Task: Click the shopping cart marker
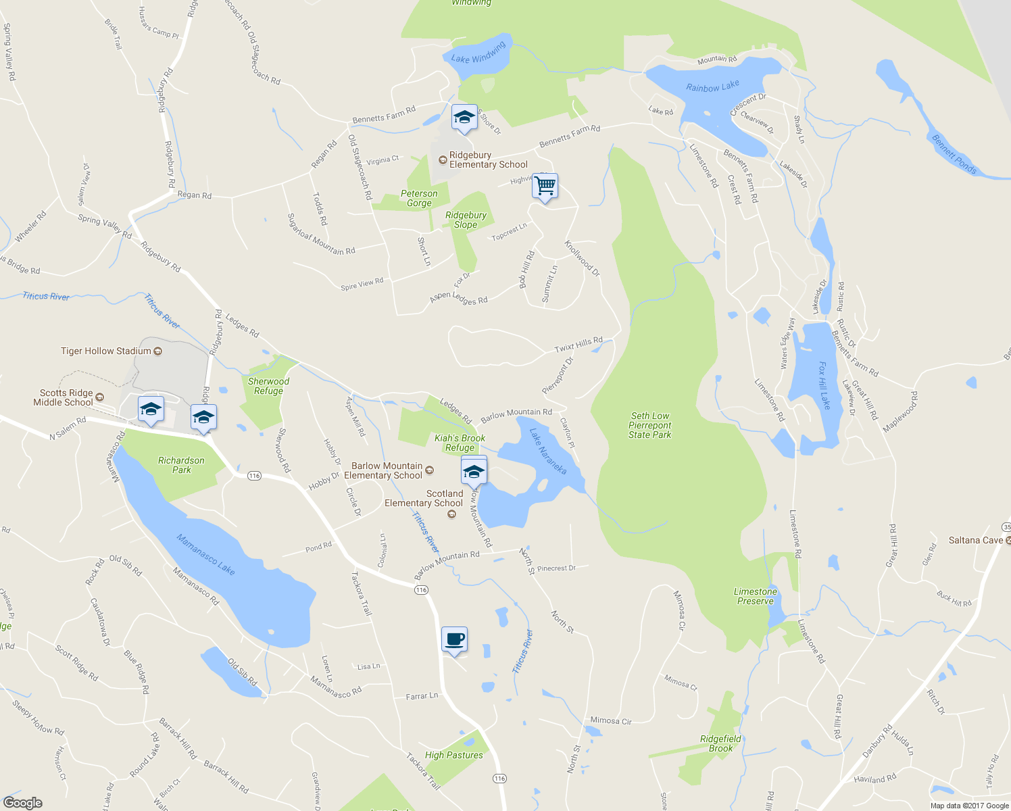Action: (x=545, y=186)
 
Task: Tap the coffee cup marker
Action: (x=454, y=639)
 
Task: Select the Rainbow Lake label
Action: (x=712, y=87)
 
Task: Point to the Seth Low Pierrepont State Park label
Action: (x=650, y=425)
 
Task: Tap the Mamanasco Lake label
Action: (x=205, y=555)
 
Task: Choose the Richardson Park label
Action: (x=181, y=465)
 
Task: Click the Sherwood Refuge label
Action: (x=268, y=386)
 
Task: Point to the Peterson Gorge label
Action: (x=419, y=198)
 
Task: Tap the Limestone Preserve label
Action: (x=756, y=596)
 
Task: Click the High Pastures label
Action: (x=454, y=755)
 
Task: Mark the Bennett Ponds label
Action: (x=954, y=155)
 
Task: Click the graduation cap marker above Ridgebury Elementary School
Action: (x=464, y=118)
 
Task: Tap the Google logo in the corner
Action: (x=22, y=802)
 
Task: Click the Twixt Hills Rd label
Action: (x=578, y=345)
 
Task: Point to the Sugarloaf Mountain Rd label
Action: (x=321, y=234)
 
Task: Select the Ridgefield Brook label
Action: (x=720, y=743)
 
